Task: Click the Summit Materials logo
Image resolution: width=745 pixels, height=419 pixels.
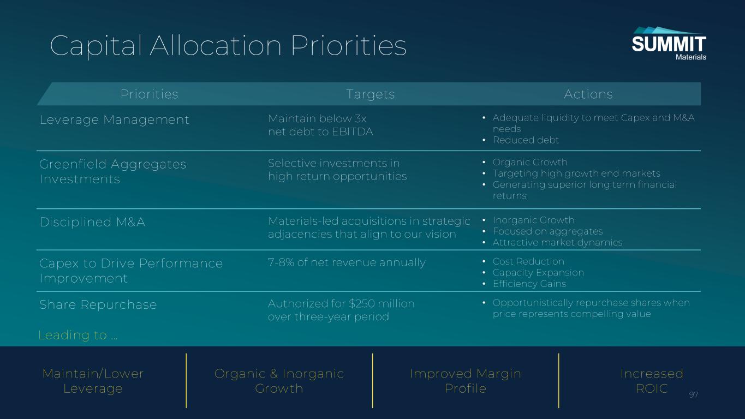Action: [x=669, y=44]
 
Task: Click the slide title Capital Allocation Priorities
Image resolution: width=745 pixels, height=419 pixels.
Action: [x=228, y=46]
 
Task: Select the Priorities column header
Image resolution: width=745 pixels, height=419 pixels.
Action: [x=150, y=94]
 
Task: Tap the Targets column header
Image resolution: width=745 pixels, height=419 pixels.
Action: [x=371, y=94]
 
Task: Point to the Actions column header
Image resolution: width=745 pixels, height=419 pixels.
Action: [x=588, y=94]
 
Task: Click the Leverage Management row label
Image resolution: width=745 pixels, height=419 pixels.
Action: [x=115, y=119]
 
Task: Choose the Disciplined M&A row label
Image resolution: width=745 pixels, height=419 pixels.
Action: [x=92, y=222]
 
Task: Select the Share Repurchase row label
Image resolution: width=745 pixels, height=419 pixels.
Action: [x=98, y=304]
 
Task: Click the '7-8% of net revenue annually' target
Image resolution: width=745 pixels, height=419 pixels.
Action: [x=347, y=262]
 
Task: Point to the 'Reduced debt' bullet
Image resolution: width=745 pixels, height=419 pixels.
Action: [x=526, y=140]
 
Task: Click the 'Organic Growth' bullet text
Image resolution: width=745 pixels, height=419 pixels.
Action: [x=530, y=162]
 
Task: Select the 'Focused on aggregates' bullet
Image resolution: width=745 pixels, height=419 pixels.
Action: [x=548, y=231]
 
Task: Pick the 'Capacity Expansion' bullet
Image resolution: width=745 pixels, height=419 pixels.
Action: [x=539, y=273]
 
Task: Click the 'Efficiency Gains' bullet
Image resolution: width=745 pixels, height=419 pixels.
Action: [x=529, y=284]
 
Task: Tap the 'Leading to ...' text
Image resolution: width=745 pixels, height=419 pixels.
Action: [x=78, y=335]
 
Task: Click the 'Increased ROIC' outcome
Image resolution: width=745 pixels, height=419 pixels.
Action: [x=652, y=381]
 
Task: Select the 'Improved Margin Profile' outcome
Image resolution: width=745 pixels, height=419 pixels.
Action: [x=466, y=381]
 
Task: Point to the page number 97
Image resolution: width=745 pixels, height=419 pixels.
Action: [x=694, y=395]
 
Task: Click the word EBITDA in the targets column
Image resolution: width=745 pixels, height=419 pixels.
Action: [x=353, y=132]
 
